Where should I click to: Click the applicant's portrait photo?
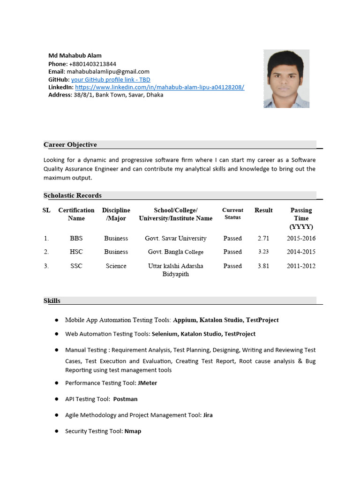click(286, 79)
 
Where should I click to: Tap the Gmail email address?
click(108, 72)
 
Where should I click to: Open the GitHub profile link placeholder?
click(111, 80)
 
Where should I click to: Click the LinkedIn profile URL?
click(159, 87)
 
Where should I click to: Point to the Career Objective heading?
click(70, 144)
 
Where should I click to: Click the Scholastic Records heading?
click(73, 195)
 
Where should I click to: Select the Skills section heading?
click(52, 300)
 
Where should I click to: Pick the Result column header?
click(263, 210)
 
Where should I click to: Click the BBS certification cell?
click(76, 238)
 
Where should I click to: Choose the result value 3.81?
click(263, 266)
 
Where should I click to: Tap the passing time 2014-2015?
click(301, 252)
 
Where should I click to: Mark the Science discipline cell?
click(116, 266)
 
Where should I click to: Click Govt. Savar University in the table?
click(175, 238)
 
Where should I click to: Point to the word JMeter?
click(147, 383)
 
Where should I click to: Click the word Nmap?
click(133, 431)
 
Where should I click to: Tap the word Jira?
click(208, 415)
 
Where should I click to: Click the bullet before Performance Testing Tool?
click(56, 383)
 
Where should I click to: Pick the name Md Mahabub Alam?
click(75, 56)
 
